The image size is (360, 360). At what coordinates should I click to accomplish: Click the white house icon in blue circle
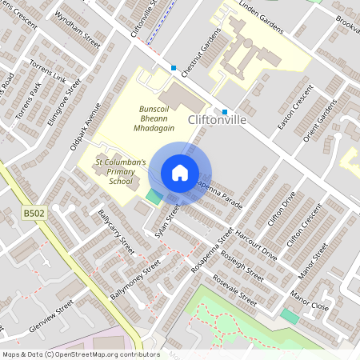point(179,173)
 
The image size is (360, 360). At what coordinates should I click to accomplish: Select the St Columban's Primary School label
point(120,170)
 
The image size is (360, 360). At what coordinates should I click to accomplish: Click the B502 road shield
point(33,214)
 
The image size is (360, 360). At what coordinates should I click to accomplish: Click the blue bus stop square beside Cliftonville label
point(225,111)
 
